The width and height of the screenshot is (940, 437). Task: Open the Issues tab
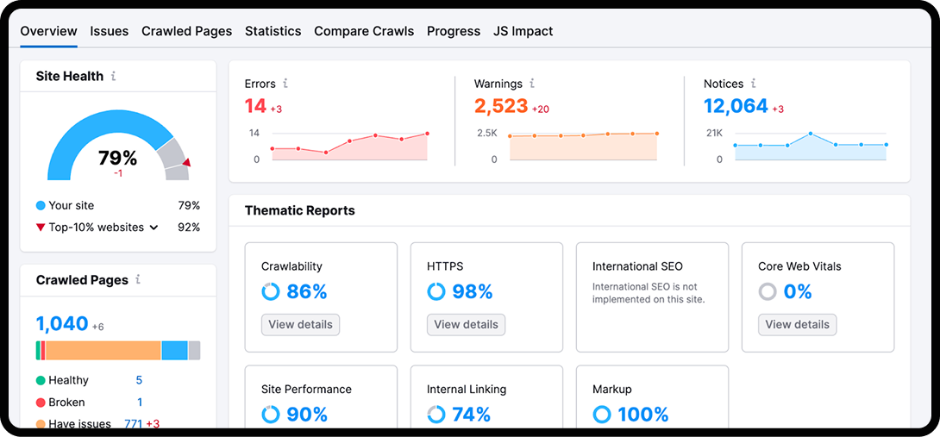109,31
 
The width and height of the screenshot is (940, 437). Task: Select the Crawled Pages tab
186,31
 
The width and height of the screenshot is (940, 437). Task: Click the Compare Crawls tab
363,31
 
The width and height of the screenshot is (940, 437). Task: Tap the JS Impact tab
523,31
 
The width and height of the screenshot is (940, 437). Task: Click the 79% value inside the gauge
117,158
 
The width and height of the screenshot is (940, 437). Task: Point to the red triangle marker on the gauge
186,162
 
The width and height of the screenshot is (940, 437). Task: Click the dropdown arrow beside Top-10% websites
154,228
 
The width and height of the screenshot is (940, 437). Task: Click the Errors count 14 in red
255,106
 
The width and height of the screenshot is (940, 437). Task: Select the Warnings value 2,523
500,106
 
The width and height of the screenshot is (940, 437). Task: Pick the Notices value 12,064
735,106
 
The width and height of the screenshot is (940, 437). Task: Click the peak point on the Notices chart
811,134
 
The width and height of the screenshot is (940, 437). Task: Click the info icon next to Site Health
113,76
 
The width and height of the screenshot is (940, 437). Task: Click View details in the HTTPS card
466,325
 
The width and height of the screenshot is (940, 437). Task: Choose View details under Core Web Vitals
797,325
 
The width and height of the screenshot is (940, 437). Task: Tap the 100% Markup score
642,415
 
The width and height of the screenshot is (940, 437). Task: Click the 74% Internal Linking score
471,415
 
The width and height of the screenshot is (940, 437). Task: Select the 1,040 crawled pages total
62,324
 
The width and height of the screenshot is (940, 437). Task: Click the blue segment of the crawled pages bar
174,350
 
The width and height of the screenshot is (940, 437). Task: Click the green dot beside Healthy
41,380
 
